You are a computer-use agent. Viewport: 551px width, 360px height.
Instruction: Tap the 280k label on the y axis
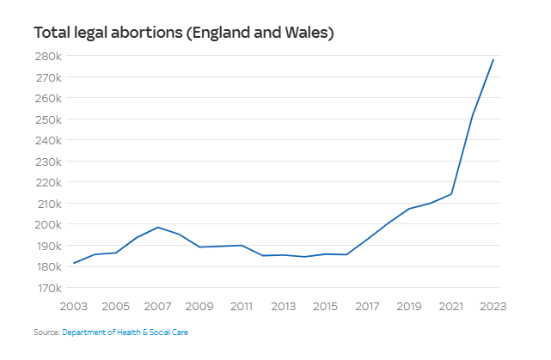pos(49,56)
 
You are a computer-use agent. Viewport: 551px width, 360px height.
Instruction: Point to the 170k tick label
pos(49,288)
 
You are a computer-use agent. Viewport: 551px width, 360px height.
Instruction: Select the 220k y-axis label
pos(49,182)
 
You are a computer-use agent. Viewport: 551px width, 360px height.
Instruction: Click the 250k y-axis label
pos(49,119)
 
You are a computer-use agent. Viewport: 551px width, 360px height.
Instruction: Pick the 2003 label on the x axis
pos(74,306)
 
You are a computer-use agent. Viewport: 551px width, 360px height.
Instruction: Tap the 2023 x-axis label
pos(493,306)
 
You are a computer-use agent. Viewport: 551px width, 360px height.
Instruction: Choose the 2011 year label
pos(242,306)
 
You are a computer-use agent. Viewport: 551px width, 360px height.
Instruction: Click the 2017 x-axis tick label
pos(367,306)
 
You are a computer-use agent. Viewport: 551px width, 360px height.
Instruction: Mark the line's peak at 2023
pos(493,59)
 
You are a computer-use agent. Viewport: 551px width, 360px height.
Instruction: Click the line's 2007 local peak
pos(158,227)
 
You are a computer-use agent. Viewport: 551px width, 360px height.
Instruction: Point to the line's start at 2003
pos(75,263)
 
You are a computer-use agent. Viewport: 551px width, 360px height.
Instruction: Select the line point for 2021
pos(451,194)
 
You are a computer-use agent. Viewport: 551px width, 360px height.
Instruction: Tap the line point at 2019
pos(409,209)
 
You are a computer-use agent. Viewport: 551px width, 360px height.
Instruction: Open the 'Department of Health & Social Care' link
pos(125,332)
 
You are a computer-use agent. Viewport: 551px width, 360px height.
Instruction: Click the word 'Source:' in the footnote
pos(46,332)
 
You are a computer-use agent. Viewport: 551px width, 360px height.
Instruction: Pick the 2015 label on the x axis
pos(325,306)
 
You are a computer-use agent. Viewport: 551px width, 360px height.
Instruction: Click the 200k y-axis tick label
pos(49,224)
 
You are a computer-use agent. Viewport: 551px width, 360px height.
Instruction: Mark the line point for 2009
pos(200,247)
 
